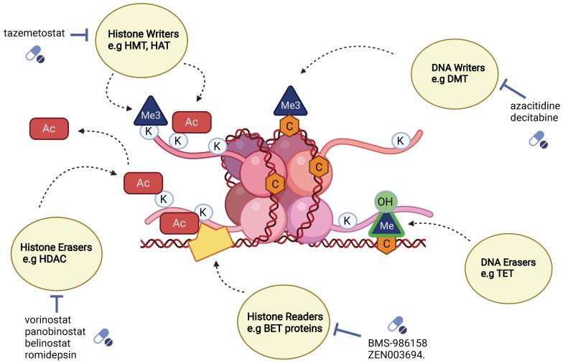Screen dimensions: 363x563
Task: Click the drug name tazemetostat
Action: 34,34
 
